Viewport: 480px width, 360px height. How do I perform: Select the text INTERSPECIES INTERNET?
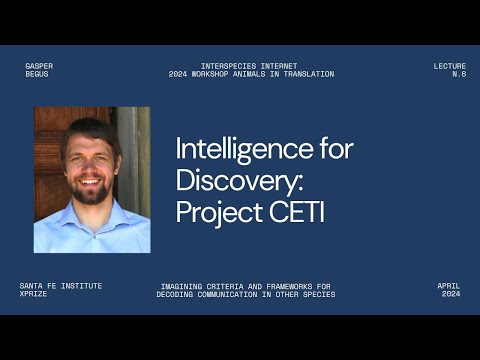click(250, 66)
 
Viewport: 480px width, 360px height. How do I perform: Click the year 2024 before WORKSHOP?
click(179, 74)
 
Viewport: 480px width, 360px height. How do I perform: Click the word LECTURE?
click(449, 66)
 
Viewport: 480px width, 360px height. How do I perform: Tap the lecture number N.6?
click(459, 74)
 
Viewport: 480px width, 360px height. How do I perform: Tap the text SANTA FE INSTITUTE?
click(61, 286)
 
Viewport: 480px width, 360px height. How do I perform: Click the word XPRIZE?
click(34, 294)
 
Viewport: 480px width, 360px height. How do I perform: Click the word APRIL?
click(448, 286)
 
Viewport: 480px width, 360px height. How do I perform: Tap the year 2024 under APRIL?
click(451, 294)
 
